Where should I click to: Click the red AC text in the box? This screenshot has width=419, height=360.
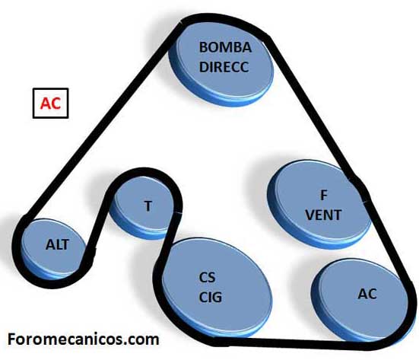coord(50,104)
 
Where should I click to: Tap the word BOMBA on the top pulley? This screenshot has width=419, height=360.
coord(225,47)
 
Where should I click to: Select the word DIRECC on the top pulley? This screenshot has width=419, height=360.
coord(224,67)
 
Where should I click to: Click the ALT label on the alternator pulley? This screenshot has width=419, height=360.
coord(57,244)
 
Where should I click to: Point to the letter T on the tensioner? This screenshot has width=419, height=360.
coord(148,206)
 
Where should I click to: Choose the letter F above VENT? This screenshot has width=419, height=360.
coord(324,196)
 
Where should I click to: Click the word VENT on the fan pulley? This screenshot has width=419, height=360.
coord(323,215)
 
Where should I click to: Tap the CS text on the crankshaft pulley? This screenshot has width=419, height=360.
coord(207,277)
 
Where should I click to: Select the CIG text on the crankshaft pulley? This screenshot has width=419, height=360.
coord(211,297)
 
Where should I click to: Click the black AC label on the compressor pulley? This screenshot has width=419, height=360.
coord(367,294)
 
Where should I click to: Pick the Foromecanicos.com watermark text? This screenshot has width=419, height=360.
coord(84,339)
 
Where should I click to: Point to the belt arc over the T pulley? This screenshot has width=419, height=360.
coord(144,171)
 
